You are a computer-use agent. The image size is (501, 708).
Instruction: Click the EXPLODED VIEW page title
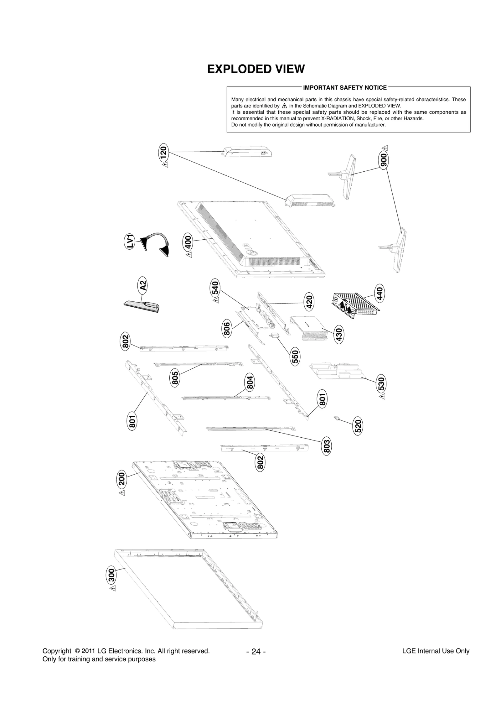256,69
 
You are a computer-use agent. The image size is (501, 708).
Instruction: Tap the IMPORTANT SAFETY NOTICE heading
345,88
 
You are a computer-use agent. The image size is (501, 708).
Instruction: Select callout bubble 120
163,152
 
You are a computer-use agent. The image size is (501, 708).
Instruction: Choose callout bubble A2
143,285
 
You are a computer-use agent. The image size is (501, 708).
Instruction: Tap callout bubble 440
380,294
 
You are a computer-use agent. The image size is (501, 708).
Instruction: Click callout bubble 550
295,357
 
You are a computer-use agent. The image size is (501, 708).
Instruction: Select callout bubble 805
175,377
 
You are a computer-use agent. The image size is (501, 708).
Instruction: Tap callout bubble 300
111,576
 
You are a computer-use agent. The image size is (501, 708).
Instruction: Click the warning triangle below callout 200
122,493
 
